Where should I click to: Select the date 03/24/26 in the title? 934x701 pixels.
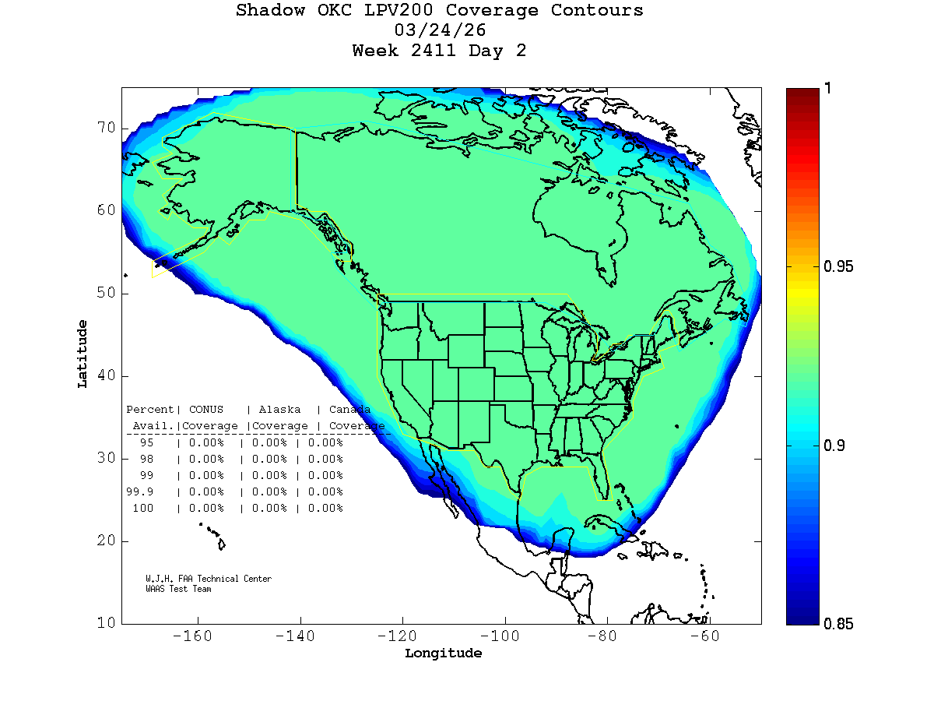[x=441, y=31]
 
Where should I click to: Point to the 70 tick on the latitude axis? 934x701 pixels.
[x=106, y=128]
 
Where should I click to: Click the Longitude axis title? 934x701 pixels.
[x=443, y=653]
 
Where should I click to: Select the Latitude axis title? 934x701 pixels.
[x=83, y=354]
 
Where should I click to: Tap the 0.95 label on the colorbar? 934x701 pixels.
[x=838, y=267]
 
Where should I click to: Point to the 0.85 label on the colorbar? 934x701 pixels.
[x=838, y=624]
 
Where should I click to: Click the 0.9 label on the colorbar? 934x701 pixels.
[x=834, y=446]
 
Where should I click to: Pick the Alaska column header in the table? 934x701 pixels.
[x=279, y=410]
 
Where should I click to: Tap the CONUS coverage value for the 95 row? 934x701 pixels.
[x=205, y=442]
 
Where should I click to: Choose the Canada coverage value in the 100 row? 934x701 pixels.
[x=325, y=509]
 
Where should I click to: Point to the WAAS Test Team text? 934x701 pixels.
[x=178, y=590]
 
